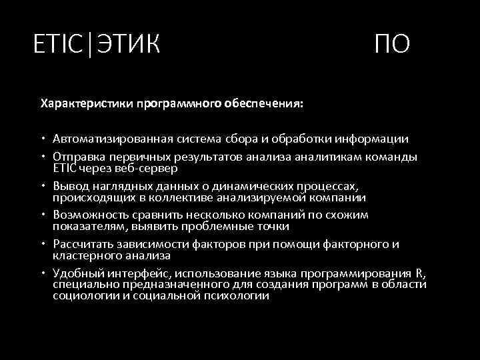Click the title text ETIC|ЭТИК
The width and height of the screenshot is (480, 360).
(x=97, y=45)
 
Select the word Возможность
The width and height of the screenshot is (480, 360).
(x=89, y=215)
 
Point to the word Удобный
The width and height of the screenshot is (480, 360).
(x=78, y=273)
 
